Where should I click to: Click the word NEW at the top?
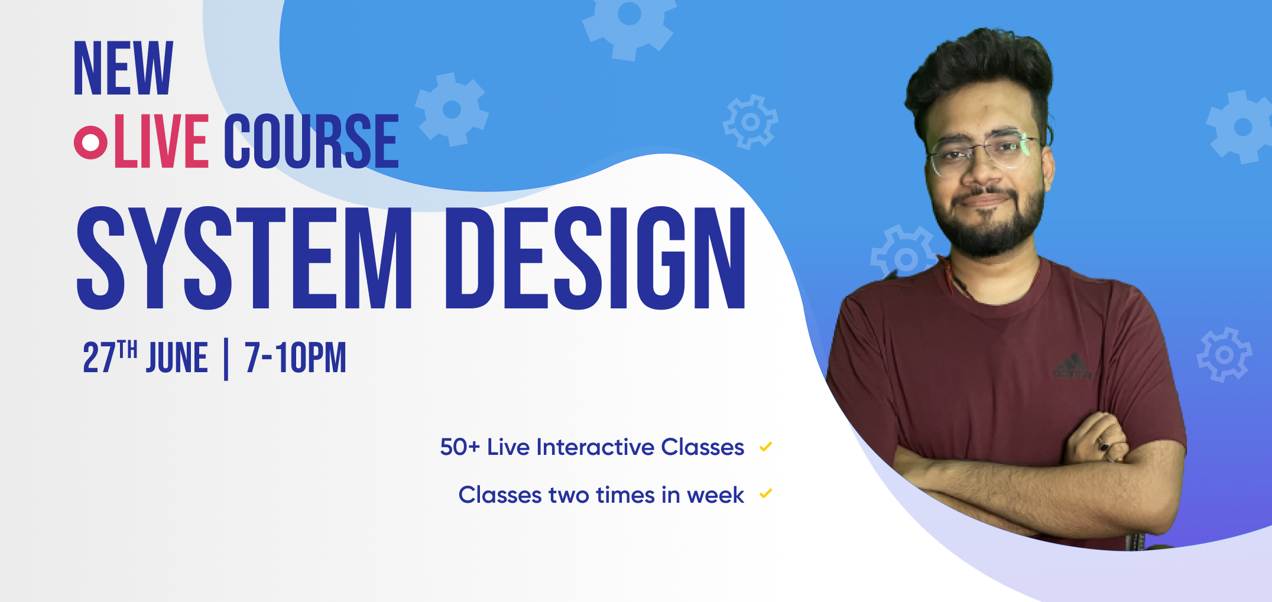tap(124, 68)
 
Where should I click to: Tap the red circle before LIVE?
tap(90, 142)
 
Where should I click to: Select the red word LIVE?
tap(161, 141)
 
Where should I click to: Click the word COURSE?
tap(311, 141)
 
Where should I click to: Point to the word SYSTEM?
tap(244, 258)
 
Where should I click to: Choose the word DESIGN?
tap(595, 258)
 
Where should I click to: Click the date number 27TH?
tap(110, 357)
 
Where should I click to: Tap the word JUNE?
tap(177, 357)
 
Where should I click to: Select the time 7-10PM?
tap(296, 357)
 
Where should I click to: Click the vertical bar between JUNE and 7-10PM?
tap(226, 359)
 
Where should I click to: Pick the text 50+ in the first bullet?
tap(460, 447)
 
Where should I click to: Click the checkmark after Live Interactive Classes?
tap(766, 447)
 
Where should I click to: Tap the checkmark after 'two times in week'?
tap(766, 493)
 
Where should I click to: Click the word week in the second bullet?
tap(715, 495)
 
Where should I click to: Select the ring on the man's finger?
tap(1103, 447)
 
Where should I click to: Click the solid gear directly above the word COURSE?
tap(452, 109)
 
